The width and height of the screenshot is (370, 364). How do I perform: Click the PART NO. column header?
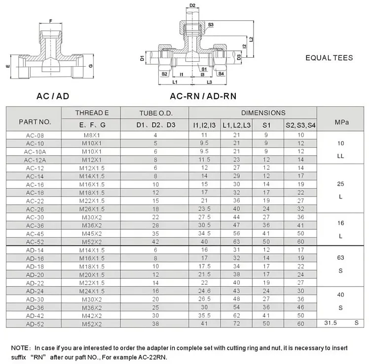(35, 121)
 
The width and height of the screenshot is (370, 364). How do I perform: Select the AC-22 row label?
(35, 201)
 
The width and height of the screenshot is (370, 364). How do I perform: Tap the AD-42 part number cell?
(35, 316)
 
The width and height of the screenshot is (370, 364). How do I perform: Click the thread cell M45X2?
(91, 234)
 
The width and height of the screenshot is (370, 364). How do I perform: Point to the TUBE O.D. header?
(155, 113)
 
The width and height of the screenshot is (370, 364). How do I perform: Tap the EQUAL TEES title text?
(329, 58)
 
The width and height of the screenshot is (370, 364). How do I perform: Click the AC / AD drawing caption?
(53, 96)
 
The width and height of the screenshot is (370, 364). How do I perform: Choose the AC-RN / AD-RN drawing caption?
(203, 96)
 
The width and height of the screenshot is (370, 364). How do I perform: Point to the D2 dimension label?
(193, 6)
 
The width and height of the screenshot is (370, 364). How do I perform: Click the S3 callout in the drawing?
(211, 24)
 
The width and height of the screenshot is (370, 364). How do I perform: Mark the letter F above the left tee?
(50, 21)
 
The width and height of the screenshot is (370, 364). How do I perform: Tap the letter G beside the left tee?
(91, 65)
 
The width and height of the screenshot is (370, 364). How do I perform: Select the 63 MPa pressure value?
(341, 258)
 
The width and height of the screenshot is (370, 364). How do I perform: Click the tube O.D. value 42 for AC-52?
(155, 242)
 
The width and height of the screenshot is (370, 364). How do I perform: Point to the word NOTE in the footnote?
(20, 347)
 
